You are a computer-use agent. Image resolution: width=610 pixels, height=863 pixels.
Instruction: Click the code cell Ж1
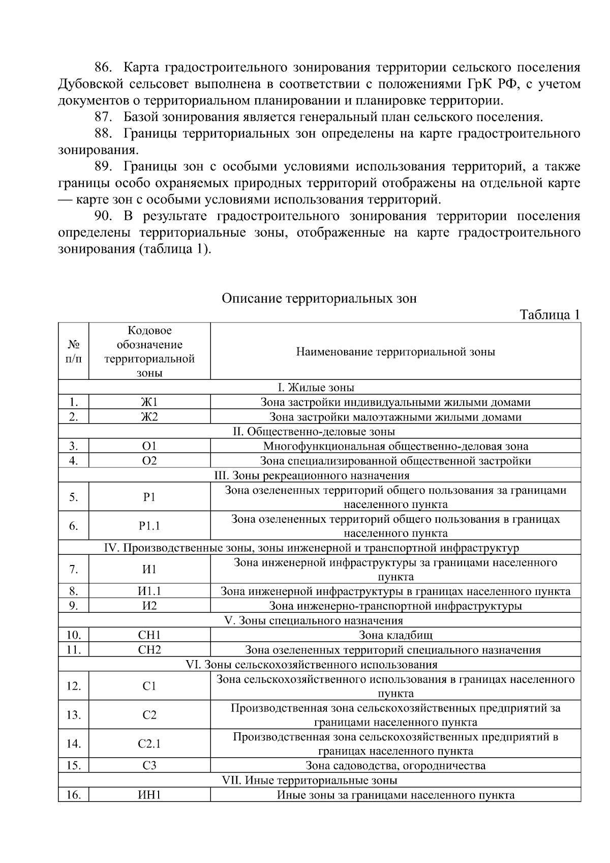(x=149, y=402)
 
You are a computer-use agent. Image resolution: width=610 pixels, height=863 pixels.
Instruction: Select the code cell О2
(x=149, y=461)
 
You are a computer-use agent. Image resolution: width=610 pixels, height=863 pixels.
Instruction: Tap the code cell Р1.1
(x=149, y=526)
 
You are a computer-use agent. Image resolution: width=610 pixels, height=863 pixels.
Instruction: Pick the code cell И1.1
(x=149, y=591)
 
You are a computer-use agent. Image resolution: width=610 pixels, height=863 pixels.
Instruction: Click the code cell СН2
(x=149, y=650)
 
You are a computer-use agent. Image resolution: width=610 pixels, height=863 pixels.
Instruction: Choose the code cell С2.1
(x=149, y=744)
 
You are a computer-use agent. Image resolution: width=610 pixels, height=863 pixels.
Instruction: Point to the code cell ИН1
(x=149, y=795)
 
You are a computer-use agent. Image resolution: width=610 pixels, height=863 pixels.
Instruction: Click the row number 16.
(x=74, y=795)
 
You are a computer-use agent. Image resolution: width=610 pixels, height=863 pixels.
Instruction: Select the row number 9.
(x=74, y=606)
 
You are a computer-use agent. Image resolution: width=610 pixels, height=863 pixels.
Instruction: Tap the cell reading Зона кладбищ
(x=395, y=635)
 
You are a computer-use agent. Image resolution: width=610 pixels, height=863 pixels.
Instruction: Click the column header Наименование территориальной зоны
(x=395, y=352)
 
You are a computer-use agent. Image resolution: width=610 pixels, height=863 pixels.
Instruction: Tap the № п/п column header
(x=74, y=351)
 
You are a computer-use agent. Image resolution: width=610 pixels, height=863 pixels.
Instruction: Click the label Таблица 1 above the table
(x=550, y=315)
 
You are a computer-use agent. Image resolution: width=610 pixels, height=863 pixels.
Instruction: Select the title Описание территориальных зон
(x=319, y=299)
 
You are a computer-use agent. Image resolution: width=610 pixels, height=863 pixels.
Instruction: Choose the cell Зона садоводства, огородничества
(x=395, y=766)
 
